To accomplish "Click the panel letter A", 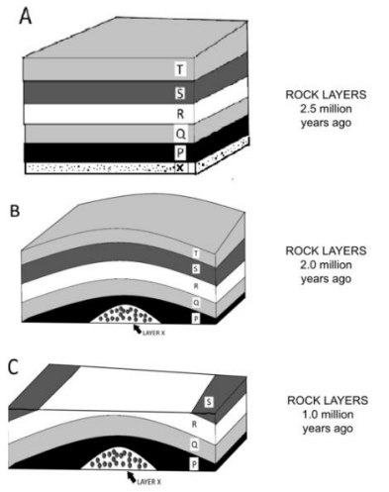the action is coord(25,16).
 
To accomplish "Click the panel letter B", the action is coord(15,211).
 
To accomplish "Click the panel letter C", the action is coord(13,367).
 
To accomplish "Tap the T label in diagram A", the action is coord(180,69).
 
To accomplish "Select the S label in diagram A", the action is coord(180,93).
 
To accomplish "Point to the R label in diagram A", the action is coord(180,114).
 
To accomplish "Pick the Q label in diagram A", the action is coord(180,134).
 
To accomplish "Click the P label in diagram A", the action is coord(180,152).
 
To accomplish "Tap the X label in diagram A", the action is coord(180,167).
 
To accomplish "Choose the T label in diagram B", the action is coord(196,253).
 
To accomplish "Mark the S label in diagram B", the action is coord(196,269).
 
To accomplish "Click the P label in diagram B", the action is coord(196,319).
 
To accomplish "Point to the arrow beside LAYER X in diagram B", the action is coord(138,329).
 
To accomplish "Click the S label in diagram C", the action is coord(209,402).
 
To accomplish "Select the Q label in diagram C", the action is coord(195,444).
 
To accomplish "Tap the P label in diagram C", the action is coord(194,464).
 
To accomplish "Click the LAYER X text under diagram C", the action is coord(149,482).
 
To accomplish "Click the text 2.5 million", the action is coord(326,109).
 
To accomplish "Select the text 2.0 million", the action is coord(326,264).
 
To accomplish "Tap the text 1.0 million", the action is coord(328,414).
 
